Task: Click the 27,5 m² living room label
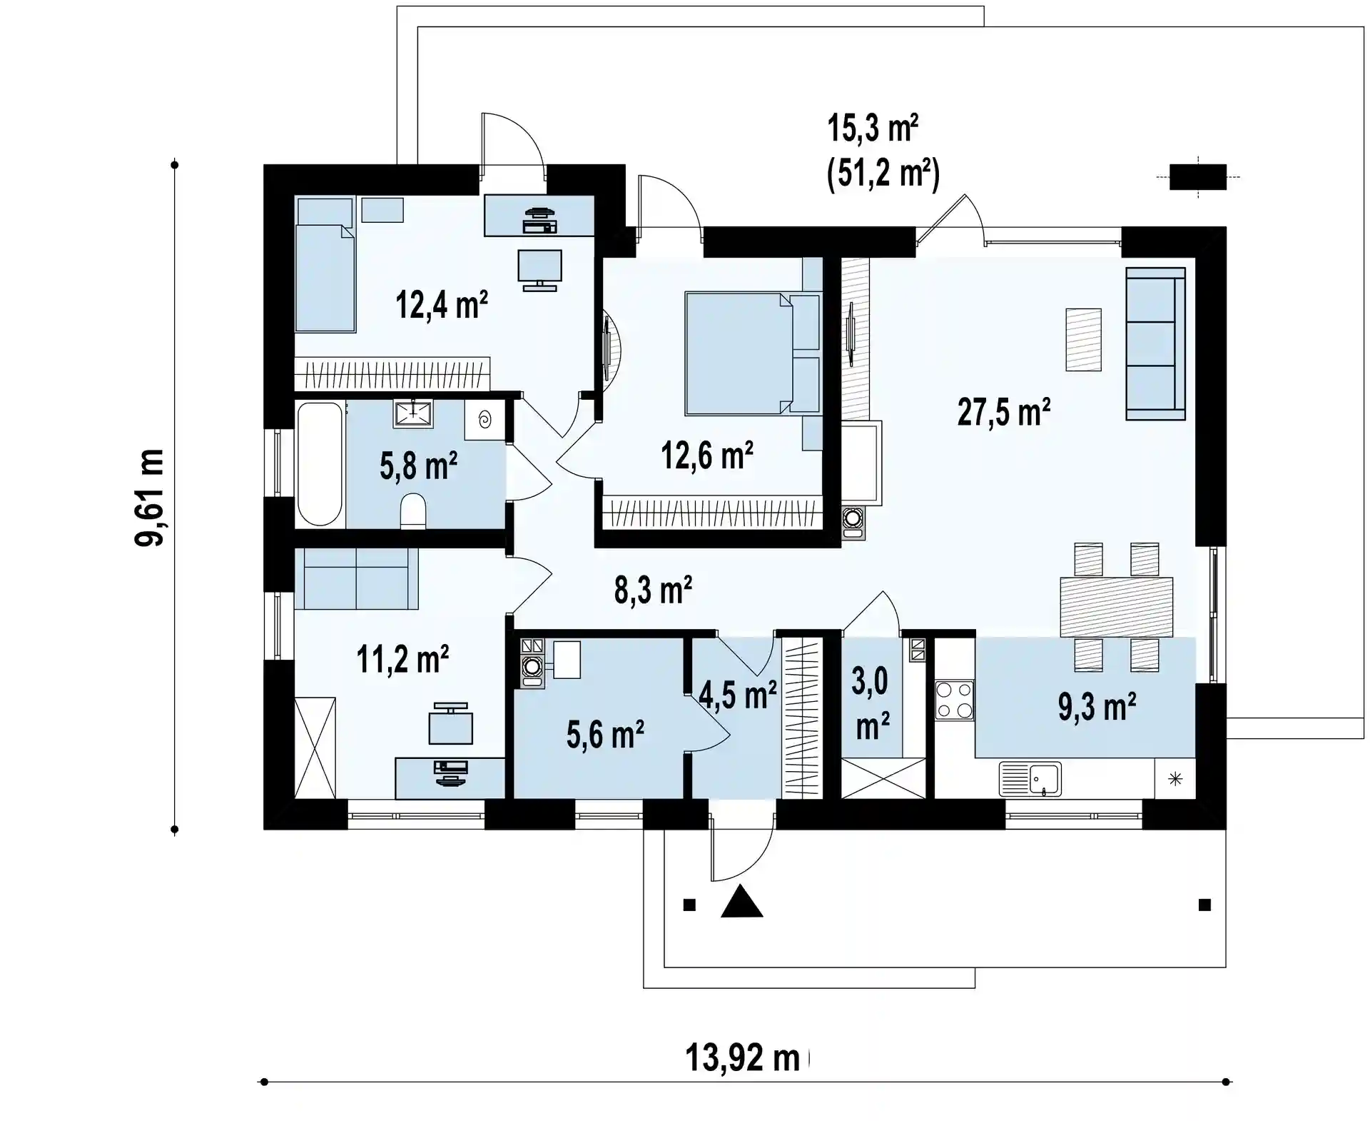point(1003,412)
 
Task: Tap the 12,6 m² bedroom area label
point(707,455)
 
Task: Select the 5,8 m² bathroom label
point(419,466)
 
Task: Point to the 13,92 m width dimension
point(743,1057)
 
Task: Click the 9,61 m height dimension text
point(150,498)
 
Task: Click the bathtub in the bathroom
point(320,464)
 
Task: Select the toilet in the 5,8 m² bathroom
point(413,511)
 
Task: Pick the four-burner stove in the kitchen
point(955,700)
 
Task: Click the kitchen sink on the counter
point(1030,779)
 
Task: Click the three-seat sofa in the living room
point(1156,343)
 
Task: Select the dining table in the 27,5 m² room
point(1117,607)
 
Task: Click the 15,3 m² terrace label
point(873,129)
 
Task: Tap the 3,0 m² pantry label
point(872,704)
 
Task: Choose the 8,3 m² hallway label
point(653,590)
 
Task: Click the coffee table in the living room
point(1083,339)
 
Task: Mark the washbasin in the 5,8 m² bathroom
point(413,414)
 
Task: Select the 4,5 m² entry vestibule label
point(738,695)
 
